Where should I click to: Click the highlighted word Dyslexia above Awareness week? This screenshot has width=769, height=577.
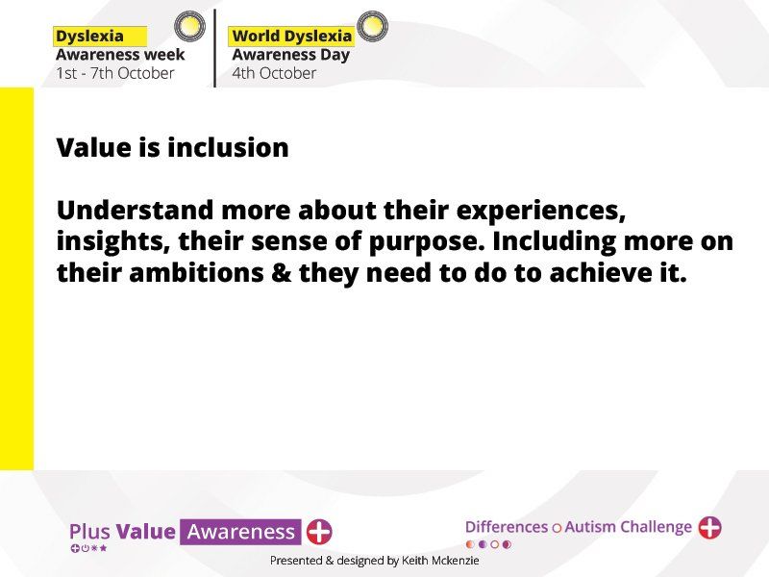click(89, 37)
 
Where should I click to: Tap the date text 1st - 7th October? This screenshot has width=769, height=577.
click(115, 73)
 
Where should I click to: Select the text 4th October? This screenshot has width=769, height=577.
click(274, 73)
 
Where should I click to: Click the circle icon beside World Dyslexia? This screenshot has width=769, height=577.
click(372, 26)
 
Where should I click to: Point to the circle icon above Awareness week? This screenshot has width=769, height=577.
click(189, 26)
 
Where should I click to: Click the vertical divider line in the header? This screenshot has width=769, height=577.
click(214, 48)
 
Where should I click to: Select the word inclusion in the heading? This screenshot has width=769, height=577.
click(228, 147)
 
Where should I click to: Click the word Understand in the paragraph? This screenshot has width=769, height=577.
click(135, 210)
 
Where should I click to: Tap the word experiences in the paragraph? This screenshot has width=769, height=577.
click(541, 212)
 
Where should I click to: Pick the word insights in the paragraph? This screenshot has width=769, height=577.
click(113, 242)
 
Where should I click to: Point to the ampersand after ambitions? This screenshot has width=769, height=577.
click(281, 273)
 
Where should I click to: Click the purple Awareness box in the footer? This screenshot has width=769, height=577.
click(240, 532)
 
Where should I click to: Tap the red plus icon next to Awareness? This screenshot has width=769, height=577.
click(319, 532)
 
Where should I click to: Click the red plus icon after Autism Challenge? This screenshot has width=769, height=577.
click(709, 527)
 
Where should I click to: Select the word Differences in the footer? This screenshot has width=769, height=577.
click(507, 527)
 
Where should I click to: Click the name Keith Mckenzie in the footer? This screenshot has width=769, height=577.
click(440, 561)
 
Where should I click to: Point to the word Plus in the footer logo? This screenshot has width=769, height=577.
click(89, 532)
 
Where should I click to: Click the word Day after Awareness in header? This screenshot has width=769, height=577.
click(335, 55)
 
